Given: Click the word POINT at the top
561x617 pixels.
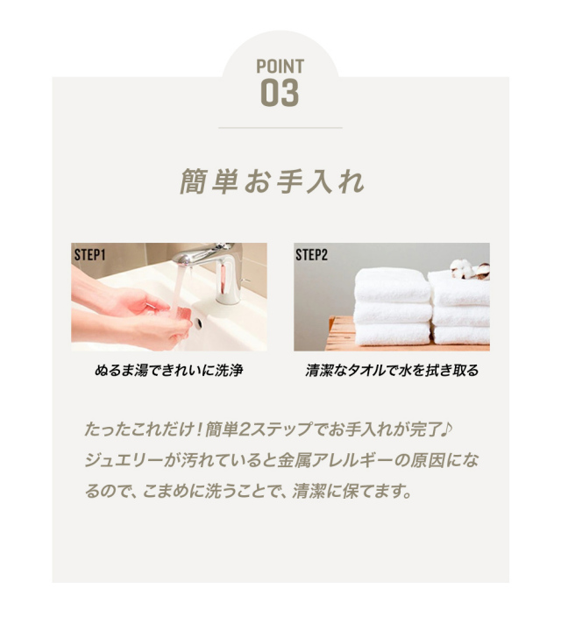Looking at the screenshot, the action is click(x=280, y=66).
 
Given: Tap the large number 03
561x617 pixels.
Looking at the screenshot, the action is click(x=280, y=93).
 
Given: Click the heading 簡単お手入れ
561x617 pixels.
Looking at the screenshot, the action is click(x=272, y=181).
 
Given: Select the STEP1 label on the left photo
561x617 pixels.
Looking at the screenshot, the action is click(x=89, y=255).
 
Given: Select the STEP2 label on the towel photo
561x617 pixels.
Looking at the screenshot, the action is click(x=311, y=255).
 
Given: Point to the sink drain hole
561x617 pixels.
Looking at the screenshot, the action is click(x=198, y=323).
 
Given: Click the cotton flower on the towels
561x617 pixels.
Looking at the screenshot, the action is click(x=469, y=270).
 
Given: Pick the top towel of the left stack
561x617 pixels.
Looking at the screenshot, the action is click(x=392, y=286).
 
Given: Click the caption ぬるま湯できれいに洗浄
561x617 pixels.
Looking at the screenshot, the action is click(x=169, y=370).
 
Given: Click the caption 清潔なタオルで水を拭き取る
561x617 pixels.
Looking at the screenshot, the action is click(x=392, y=370).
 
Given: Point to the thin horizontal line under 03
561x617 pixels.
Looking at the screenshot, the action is click(x=280, y=128).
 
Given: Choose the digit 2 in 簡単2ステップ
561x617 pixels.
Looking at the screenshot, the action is click(x=245, y=429).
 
